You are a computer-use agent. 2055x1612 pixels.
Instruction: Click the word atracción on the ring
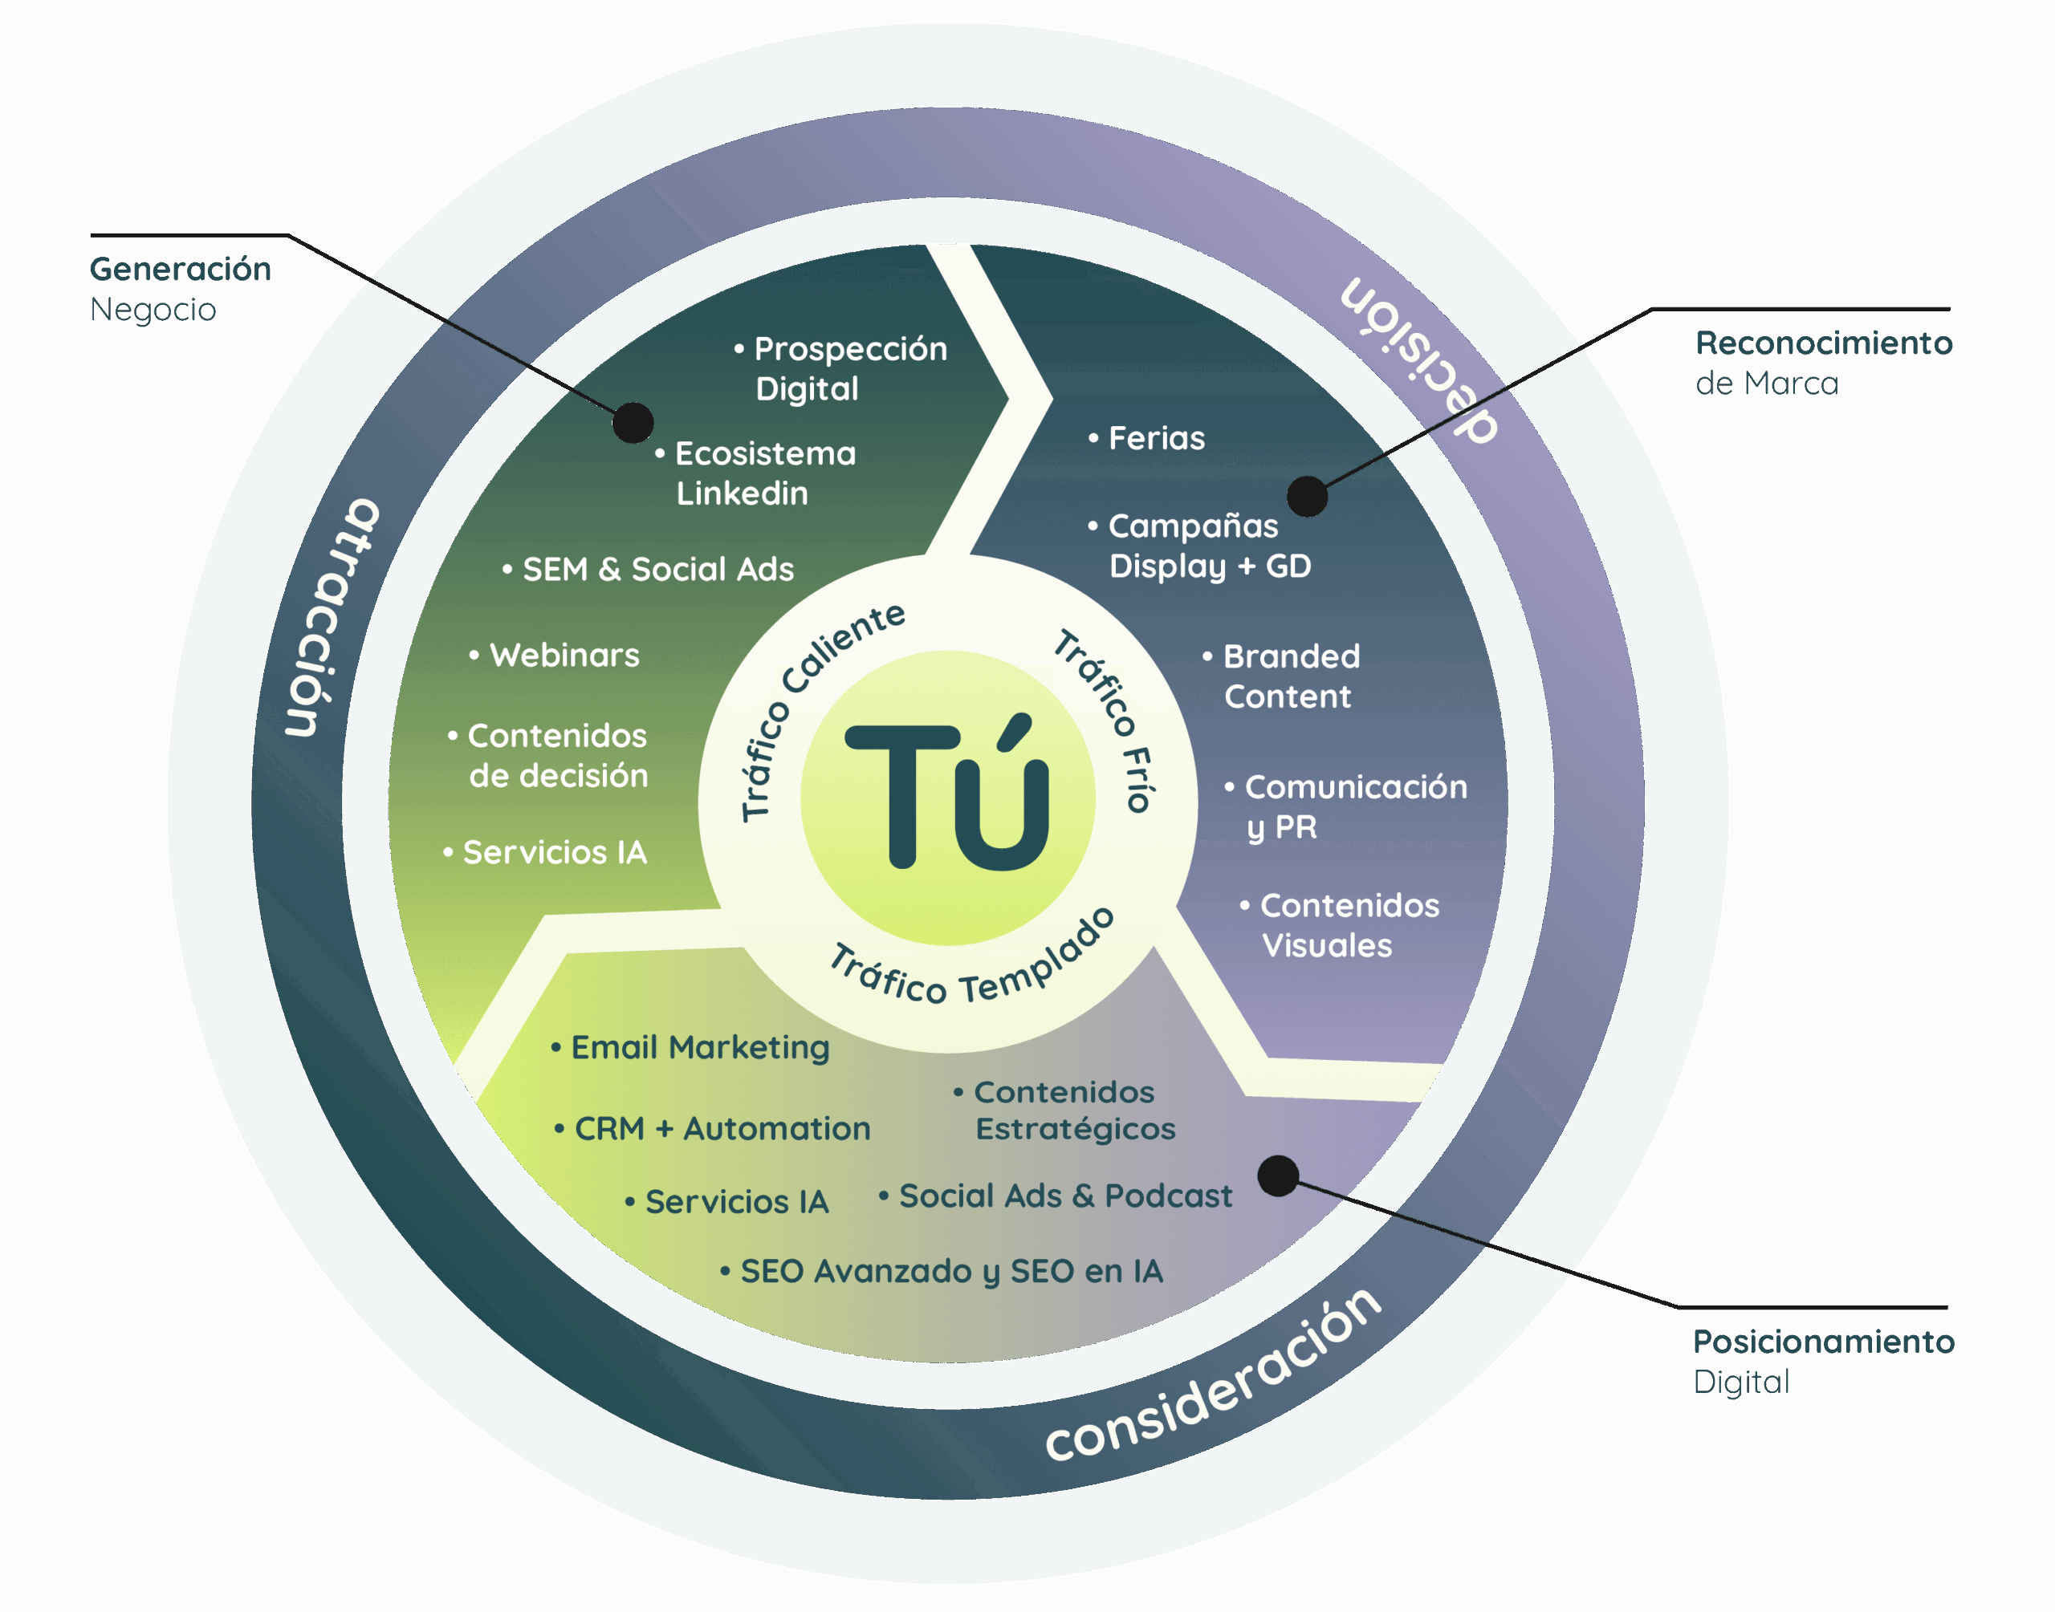coord(331,618)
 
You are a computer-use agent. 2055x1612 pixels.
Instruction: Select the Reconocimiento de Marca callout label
coord(1823,363)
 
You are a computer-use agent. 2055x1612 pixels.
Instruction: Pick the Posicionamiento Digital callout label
coord(1823,1361)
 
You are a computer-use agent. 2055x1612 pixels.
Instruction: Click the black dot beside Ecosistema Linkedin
coord(633,423)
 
